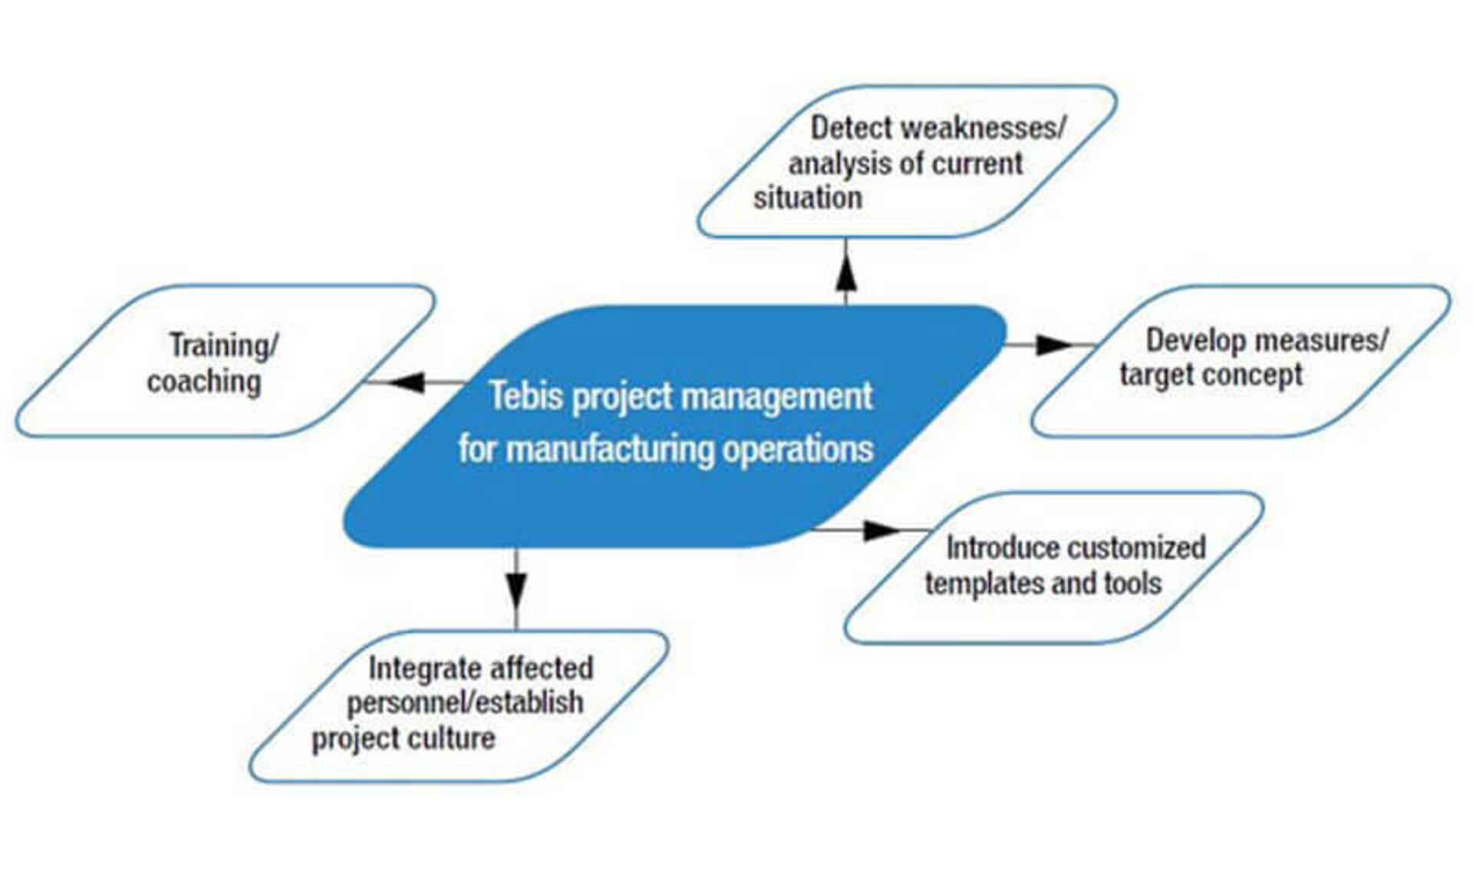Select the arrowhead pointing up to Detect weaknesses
click(x=845, y=272)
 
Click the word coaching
click(x=204, y=381)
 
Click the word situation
click(x=808, y=198)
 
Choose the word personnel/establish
click(x=465, y=703)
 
